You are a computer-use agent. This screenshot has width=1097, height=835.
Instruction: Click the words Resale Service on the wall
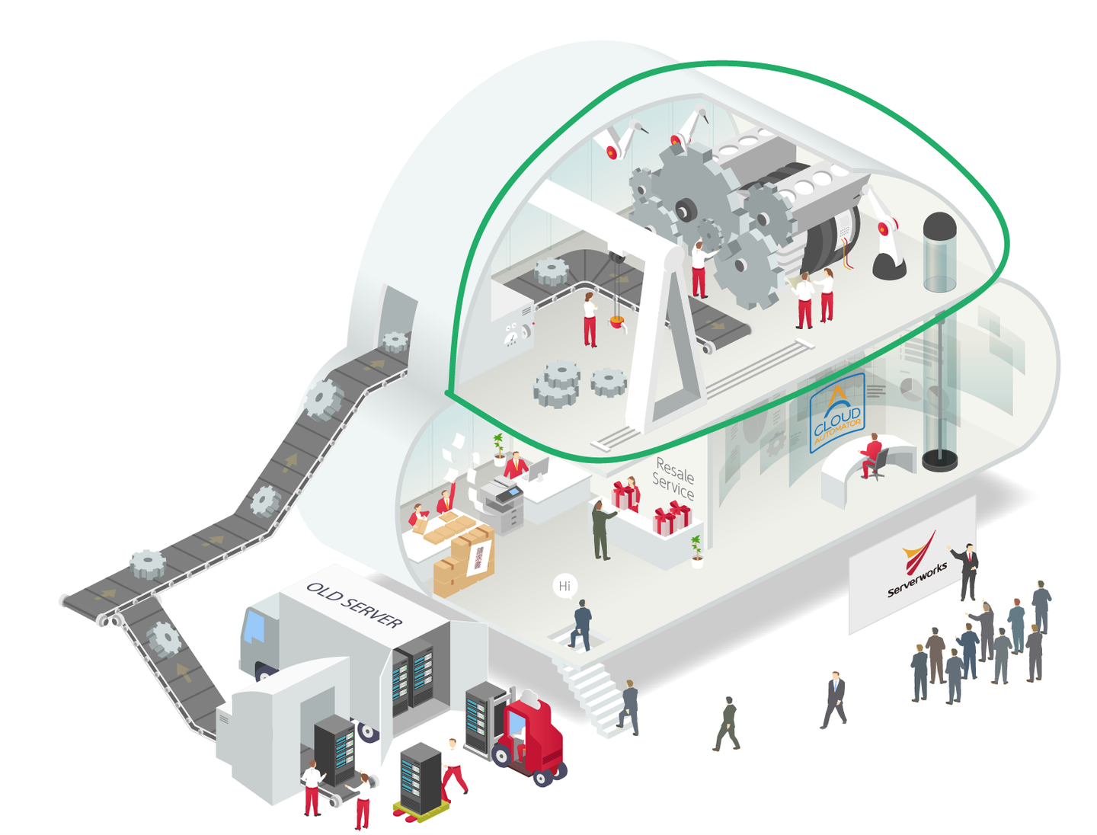(674, 478)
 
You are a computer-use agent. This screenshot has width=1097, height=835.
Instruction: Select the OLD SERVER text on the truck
(354, 605)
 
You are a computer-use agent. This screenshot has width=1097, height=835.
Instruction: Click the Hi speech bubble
(564, 586)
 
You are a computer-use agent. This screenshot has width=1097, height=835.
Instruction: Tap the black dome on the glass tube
(940, 226)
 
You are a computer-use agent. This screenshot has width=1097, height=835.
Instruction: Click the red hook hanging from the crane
(617, 322)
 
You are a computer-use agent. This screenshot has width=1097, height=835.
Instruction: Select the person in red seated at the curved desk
(871, 456)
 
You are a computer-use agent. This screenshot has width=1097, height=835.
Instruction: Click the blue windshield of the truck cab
(254, 626)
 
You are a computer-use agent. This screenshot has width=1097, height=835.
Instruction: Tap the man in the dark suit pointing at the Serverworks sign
(967, 571)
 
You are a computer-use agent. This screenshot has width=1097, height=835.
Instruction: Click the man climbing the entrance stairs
(629, 707)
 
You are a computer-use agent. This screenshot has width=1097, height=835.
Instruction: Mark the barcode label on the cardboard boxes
(478, 557)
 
